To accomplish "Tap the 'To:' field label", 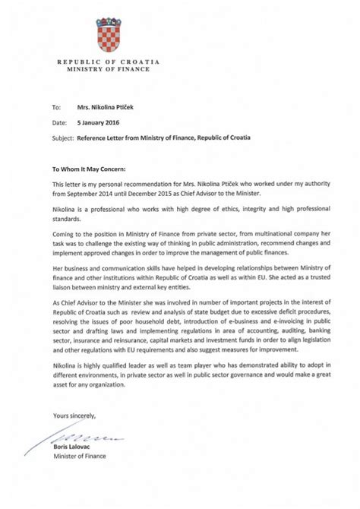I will [55, 109].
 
